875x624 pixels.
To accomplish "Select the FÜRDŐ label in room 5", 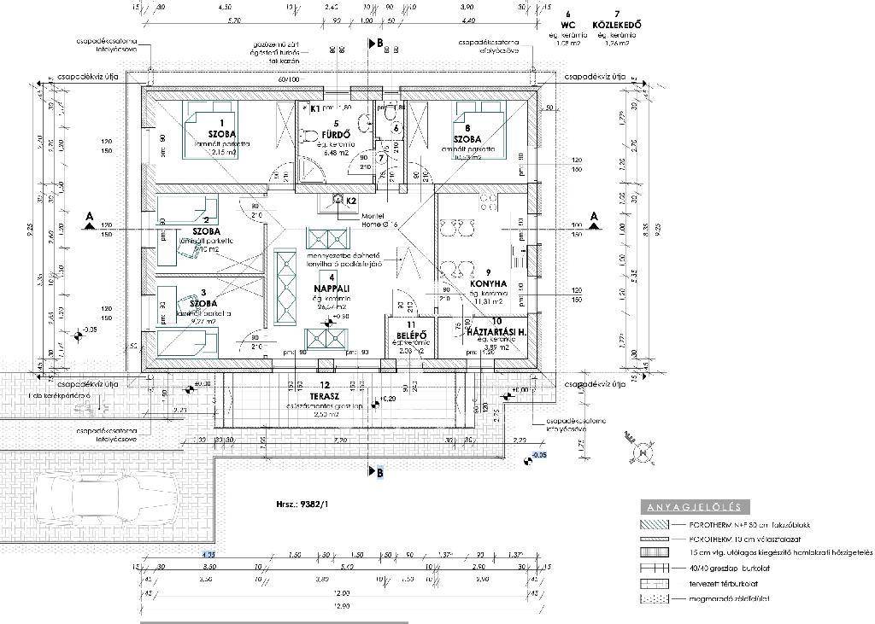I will point(332,134).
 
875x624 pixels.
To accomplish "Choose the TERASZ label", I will point(325,395).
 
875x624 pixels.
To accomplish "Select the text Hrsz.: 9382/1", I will point(298,504).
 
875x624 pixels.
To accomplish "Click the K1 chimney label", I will point(314,109).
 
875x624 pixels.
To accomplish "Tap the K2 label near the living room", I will point(350,201).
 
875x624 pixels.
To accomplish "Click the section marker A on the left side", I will point(88,219).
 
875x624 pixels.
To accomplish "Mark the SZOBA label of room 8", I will point(467,138).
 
